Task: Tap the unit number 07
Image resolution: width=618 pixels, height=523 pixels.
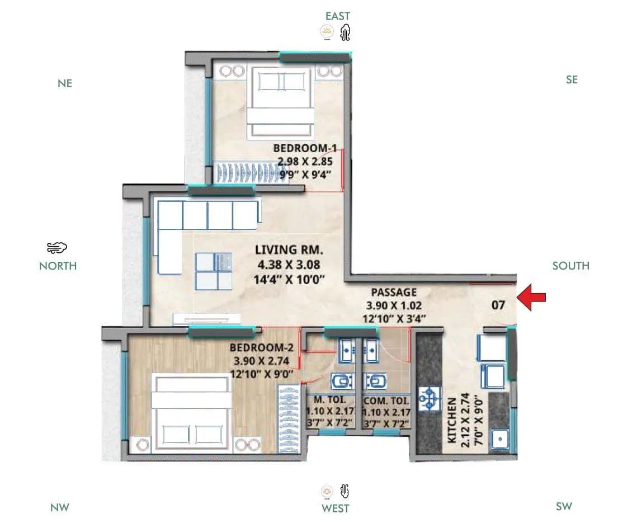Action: pos(498,305)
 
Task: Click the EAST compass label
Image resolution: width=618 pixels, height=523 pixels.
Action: pos(338,16)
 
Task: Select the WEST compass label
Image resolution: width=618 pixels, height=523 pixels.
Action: pos(336,508)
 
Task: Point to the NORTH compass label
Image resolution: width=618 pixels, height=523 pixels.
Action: pos(58,266)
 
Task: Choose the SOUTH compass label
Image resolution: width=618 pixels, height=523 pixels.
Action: pos(570,266)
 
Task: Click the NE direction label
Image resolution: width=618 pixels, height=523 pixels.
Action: pos(65,83)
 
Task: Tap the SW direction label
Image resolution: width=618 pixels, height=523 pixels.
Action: pos(564,507)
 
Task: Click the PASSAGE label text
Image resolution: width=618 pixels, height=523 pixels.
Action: pos(394,292)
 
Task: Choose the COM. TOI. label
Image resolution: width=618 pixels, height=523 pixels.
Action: pos(386,401)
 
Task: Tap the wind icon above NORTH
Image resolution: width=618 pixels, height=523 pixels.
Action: pos(57,247)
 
